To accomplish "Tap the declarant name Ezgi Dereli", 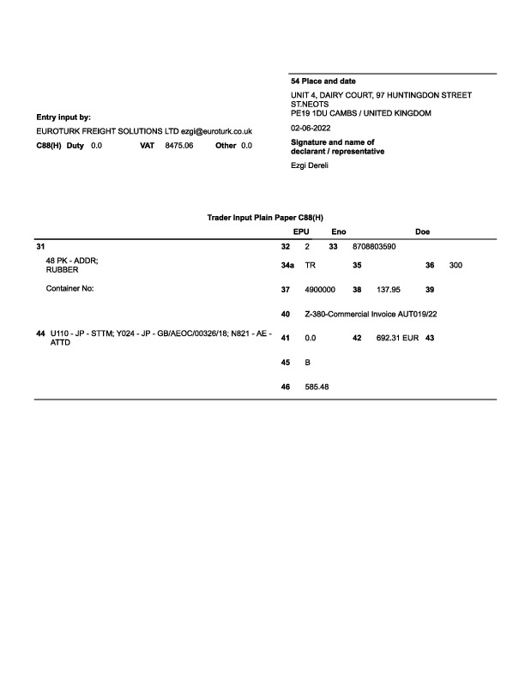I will click(x=311, y=165).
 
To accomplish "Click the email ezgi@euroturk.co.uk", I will click(x=216, y=131).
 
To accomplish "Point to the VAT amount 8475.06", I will click(x=179, y=146).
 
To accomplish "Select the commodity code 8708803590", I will click(x=374, y=246).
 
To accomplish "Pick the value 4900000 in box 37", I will click(x=320, y=290).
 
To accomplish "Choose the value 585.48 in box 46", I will click(x=317, y=387).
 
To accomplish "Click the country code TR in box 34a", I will click(x=311, y=266).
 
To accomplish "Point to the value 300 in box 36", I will click(x=456, y=266).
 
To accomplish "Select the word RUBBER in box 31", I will click(x=62, y=270).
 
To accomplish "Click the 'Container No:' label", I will click(x=69, y=290).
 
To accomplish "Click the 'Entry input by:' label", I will click(x=63, y=117).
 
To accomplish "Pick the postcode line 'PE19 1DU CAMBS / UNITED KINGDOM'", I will click(x=361, y=113).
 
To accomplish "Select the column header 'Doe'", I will click(x=422, y=231).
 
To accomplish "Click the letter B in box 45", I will click(x=308, y=363).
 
